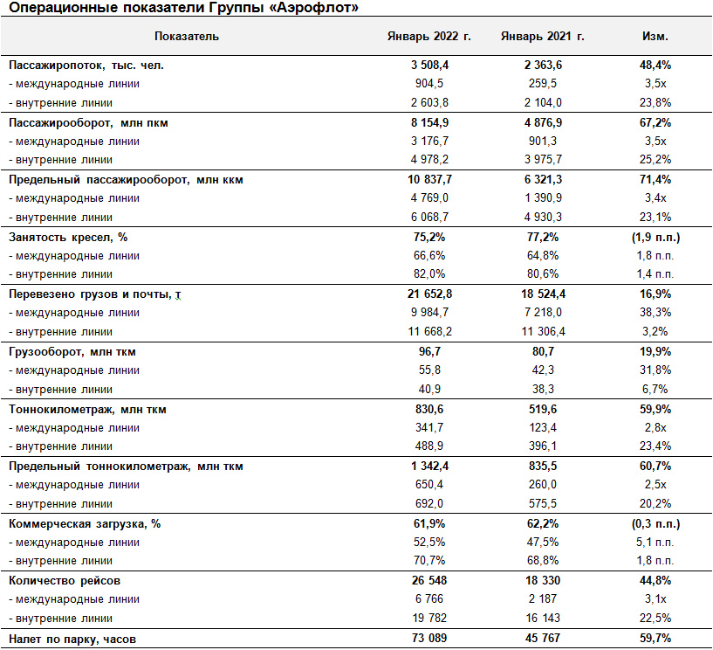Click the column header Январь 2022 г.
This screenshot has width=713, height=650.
(428, 37)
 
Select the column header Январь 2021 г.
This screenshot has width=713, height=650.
(543, 37)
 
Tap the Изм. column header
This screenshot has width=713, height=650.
(655, 37)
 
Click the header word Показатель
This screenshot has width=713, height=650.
(187, 37)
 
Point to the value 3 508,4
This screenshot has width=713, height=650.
(429, 66)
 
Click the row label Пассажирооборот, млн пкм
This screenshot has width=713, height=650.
(88, 123)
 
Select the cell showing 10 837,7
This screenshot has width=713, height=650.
(429, 180)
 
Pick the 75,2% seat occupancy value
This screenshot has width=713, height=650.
(429, 237)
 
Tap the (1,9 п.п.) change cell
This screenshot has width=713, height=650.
(655, 237)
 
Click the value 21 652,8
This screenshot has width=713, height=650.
(429, 294)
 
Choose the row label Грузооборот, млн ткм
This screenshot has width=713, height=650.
(72, 352)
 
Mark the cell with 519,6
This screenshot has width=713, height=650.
(543, 409)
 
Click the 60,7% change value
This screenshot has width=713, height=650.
(655, 467)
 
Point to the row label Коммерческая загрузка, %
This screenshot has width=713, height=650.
(85, 524)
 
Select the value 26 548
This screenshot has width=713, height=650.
(429, 581)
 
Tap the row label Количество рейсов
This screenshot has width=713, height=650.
(65, 581)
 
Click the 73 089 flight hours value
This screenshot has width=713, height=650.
(429, 638)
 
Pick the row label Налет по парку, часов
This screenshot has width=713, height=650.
(72, 639)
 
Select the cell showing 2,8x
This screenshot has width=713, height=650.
(655, 428)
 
